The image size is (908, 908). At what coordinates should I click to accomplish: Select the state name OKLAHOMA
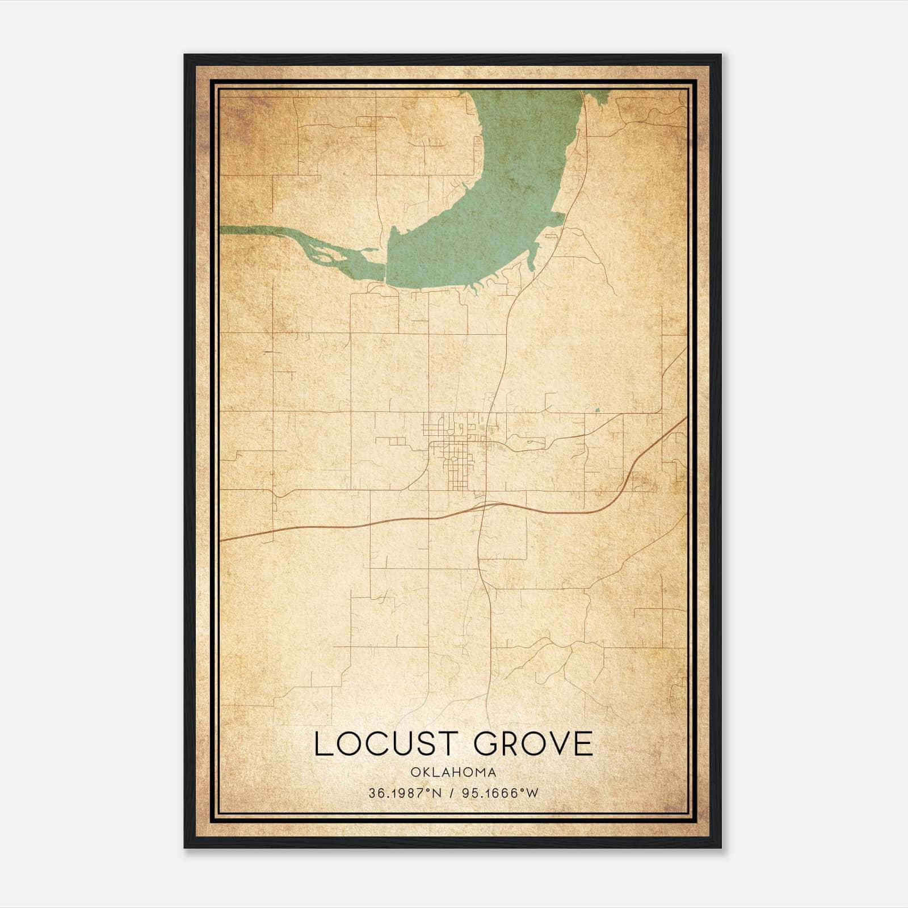(x=453, y=772)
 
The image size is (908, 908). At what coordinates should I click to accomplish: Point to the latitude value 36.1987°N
(x=403, y=793)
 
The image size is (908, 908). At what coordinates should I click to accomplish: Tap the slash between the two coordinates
(x=452, y=793)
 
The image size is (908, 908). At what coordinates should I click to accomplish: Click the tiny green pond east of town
(x=596, y=409)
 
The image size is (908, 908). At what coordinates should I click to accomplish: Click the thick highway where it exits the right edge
(x=684, y=420)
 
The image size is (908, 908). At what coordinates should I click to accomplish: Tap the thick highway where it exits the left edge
(x=222, y=540)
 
